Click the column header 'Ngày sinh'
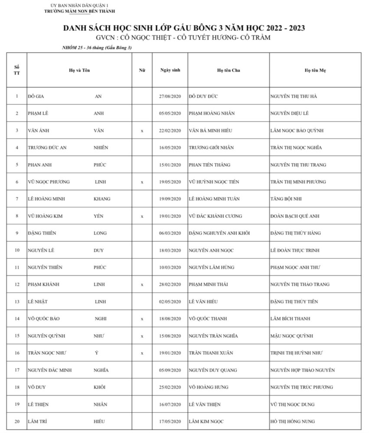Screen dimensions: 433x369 pos(170,70)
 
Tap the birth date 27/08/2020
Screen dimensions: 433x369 pos(170,96)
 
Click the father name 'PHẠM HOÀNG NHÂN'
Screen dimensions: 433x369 pos(212,113)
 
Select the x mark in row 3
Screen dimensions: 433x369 pos(142,131)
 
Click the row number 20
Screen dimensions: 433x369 pos(17,421)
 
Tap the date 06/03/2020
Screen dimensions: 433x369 pos(170,233)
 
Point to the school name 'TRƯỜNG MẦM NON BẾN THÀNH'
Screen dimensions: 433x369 pos(80,11)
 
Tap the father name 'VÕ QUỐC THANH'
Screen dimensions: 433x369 pos(208,319)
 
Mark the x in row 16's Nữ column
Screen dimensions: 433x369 pos(142,353)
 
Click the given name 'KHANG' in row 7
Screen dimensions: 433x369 pos(102,199)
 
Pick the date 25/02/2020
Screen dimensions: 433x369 pos(170,387)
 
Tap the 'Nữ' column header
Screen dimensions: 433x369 pos(142,70)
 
